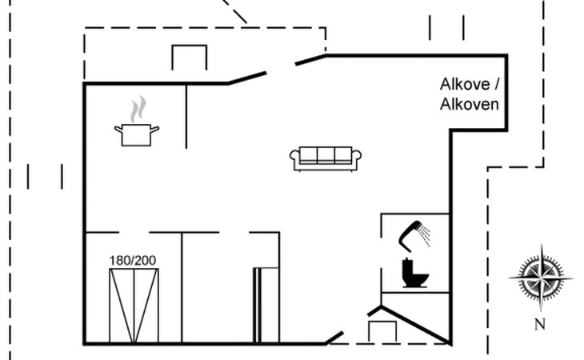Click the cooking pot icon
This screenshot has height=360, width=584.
(137, 134)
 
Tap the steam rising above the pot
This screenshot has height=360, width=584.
(138, 109)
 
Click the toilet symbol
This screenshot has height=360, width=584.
(414, 274)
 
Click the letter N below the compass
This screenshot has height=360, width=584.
(539, 324)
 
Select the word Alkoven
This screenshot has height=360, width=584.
(469, 104)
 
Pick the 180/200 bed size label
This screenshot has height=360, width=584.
(134, 260)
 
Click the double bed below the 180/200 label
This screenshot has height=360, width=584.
(134, 306)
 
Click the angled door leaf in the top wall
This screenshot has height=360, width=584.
(247, 77)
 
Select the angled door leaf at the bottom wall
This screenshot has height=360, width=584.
(334, 337)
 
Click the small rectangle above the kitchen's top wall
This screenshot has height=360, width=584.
(190, 58)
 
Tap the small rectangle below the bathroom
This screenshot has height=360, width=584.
(382, 331)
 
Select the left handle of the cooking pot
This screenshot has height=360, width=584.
(118, 128)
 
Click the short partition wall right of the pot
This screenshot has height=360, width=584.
(186, 115)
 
